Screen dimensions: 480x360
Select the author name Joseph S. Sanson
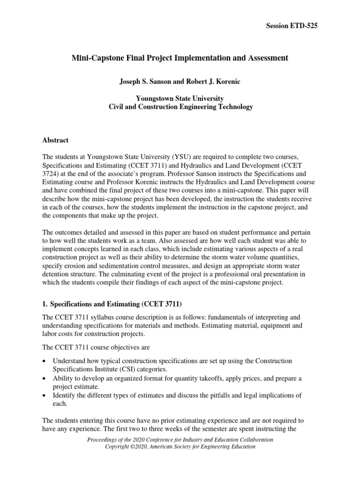pos(147,81)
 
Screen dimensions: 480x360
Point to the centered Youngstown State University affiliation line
pos(180,98)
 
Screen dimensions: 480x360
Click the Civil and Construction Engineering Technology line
pos(180,107)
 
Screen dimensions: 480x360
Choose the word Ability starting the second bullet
pos(63,378)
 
